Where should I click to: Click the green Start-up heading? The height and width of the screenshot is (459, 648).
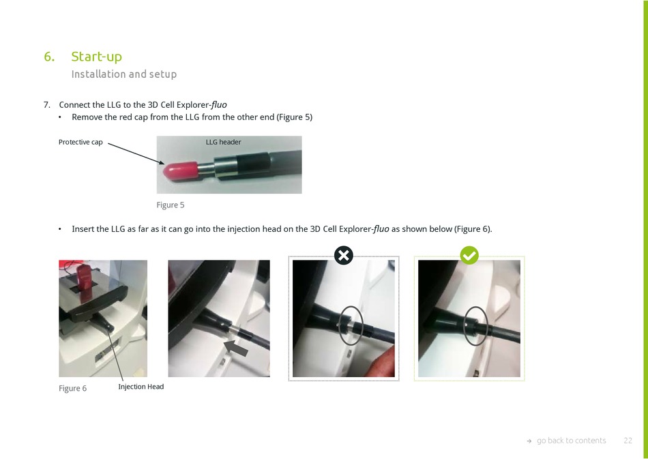coord(96,57)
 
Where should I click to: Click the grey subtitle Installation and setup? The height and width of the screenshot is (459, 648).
coord(124,74)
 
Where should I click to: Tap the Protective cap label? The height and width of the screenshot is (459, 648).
coord(80,142)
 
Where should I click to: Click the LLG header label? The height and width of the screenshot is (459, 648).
coord(223,142)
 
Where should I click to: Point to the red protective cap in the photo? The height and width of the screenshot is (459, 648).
coord(181,171)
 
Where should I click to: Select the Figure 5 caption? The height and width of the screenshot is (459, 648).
coord(171,205)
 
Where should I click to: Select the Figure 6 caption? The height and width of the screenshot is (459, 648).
coord(73,388)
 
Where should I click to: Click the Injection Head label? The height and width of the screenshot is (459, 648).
coord(141,387)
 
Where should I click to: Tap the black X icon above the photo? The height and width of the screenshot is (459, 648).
coord(343,255)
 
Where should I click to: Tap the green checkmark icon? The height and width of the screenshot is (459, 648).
coord(469,255)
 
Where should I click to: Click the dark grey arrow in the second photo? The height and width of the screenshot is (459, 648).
coord(236,347)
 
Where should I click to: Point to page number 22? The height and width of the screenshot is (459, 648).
coord(628,441)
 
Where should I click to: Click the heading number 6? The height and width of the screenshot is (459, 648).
coord(49,57)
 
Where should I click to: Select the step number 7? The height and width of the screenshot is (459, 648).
coord(46,105)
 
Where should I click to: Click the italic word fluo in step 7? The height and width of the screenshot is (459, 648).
coord(219,105)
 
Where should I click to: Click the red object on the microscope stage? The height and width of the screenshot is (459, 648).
coord(85,282)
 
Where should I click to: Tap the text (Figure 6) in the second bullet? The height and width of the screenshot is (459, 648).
coord(473,229)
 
